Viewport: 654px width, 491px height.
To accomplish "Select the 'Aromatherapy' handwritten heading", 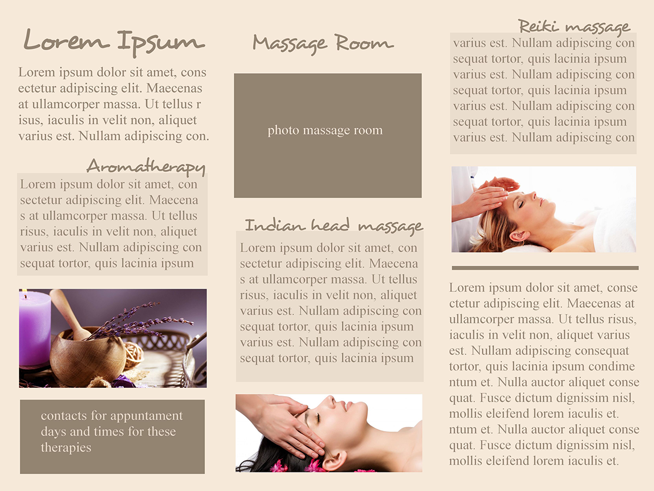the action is click(x=146, y=167).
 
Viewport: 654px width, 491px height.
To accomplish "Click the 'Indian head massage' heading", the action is click(x=334, y=226).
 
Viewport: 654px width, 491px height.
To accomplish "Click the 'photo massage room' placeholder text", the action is click(x=325, y=130).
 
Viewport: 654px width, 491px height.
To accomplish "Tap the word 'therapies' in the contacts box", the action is click(x=66, y=448).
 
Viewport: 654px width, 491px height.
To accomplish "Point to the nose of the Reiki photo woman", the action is click(x=535, y=195).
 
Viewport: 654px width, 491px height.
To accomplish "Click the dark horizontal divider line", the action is click(x=545, y=268).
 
